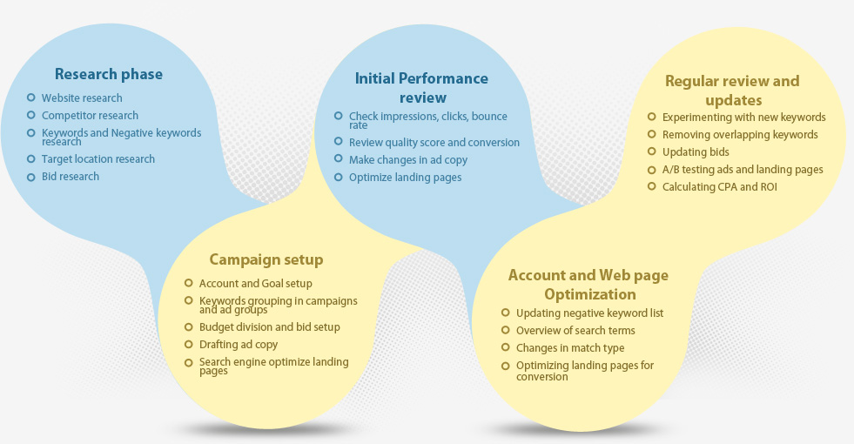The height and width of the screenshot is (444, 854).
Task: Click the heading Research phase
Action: (109, 74)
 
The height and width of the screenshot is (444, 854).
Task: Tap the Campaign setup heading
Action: (266, 259)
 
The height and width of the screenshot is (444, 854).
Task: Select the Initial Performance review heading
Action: (421, 88)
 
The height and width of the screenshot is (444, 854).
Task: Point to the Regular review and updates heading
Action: (732, 91)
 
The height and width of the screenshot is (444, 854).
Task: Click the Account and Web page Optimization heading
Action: (588, 285)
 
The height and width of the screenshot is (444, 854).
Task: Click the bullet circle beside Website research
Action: (31, 98)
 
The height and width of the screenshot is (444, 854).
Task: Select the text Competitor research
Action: (90, 116)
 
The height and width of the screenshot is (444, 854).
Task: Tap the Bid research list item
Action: (71, 177)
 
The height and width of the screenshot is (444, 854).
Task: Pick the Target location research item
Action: (98, 159)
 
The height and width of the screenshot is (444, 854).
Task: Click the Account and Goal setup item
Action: (255, 284)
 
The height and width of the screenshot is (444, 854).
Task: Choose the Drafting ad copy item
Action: (239, 345)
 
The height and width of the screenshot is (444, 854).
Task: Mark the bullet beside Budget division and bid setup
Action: (189, 327)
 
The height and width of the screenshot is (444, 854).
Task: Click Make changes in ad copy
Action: (408, 160)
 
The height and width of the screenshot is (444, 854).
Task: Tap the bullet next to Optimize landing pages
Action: (339, 177)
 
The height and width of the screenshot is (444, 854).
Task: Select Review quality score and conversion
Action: (434, 143)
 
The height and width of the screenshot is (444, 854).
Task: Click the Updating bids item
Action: (696, 152)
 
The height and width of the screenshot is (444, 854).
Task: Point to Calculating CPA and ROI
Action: (719, 187)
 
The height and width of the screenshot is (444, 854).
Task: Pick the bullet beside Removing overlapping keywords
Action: (652, 134)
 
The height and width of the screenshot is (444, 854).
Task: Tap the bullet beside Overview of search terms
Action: (506, 330)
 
